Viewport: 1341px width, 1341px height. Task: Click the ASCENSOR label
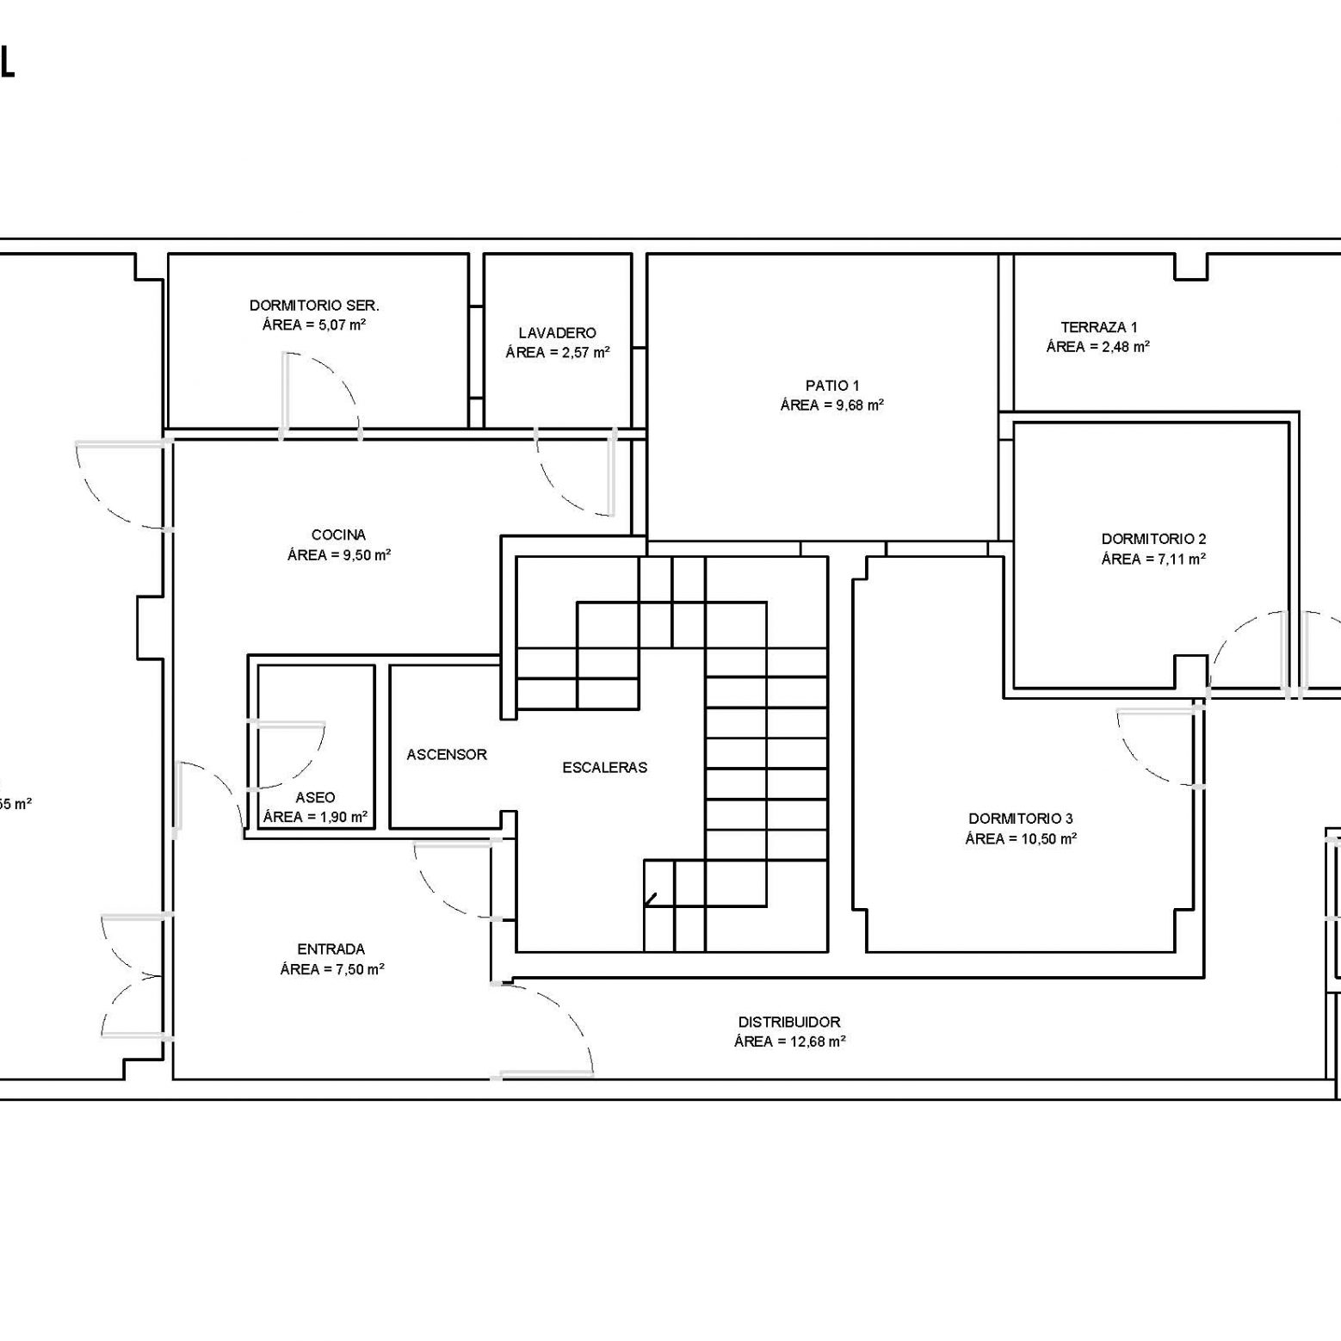pos(447,755)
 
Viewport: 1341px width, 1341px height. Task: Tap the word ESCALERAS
pos(605,768)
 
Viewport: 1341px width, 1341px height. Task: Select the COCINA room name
pos(338,535)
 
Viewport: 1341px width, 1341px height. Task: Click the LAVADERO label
pos(558,333)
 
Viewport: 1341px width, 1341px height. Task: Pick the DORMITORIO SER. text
pos(314,306)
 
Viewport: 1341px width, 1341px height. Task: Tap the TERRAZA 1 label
pos(1099,327)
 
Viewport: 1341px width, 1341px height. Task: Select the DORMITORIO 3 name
pos(1021,819)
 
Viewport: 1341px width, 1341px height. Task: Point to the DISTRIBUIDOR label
pos(789,1023)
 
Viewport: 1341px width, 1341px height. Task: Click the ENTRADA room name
pos(331,949)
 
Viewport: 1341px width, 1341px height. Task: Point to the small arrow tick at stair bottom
pos(651,900)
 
